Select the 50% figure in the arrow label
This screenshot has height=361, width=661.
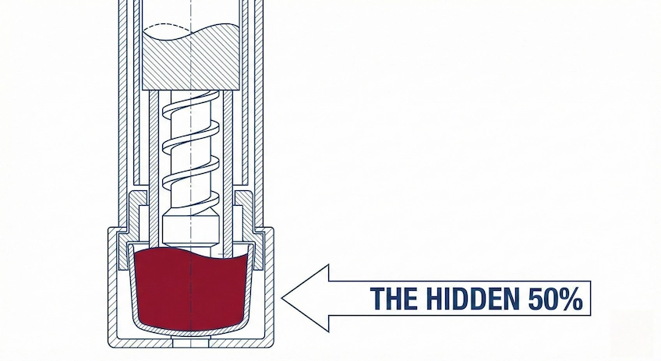point(556,299)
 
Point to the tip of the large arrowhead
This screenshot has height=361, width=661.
point(281,298)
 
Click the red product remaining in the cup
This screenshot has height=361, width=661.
point(191,289)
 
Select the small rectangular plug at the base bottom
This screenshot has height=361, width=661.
point(191,343)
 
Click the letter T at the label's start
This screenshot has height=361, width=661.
point(376,298)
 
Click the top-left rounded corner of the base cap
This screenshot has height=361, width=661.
point(110,229)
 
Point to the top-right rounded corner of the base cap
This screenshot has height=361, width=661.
point(272,229)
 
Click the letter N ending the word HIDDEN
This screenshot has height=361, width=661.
point(512,298)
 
